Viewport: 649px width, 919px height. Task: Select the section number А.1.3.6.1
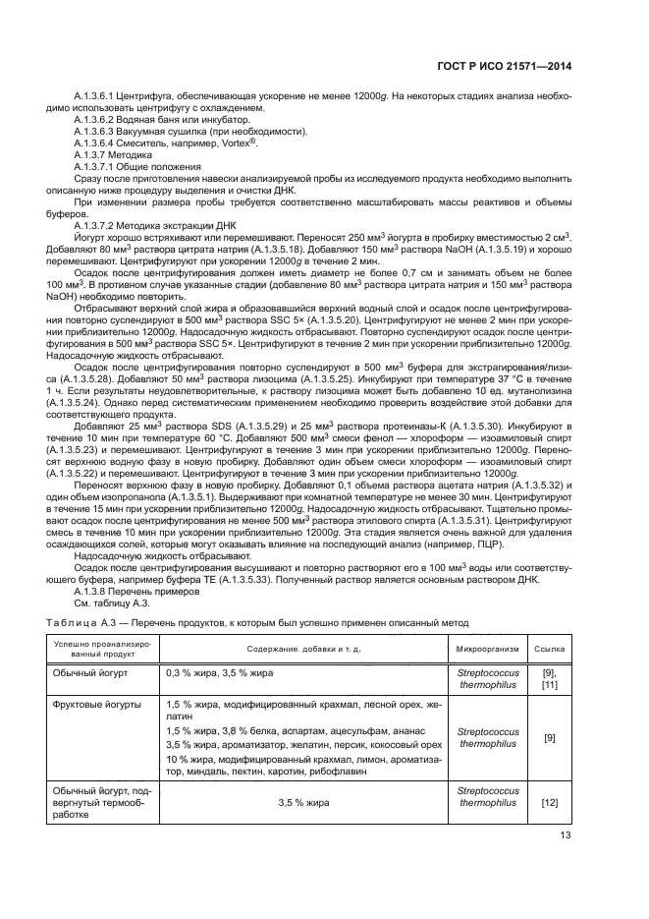click(x=99, y=96)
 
